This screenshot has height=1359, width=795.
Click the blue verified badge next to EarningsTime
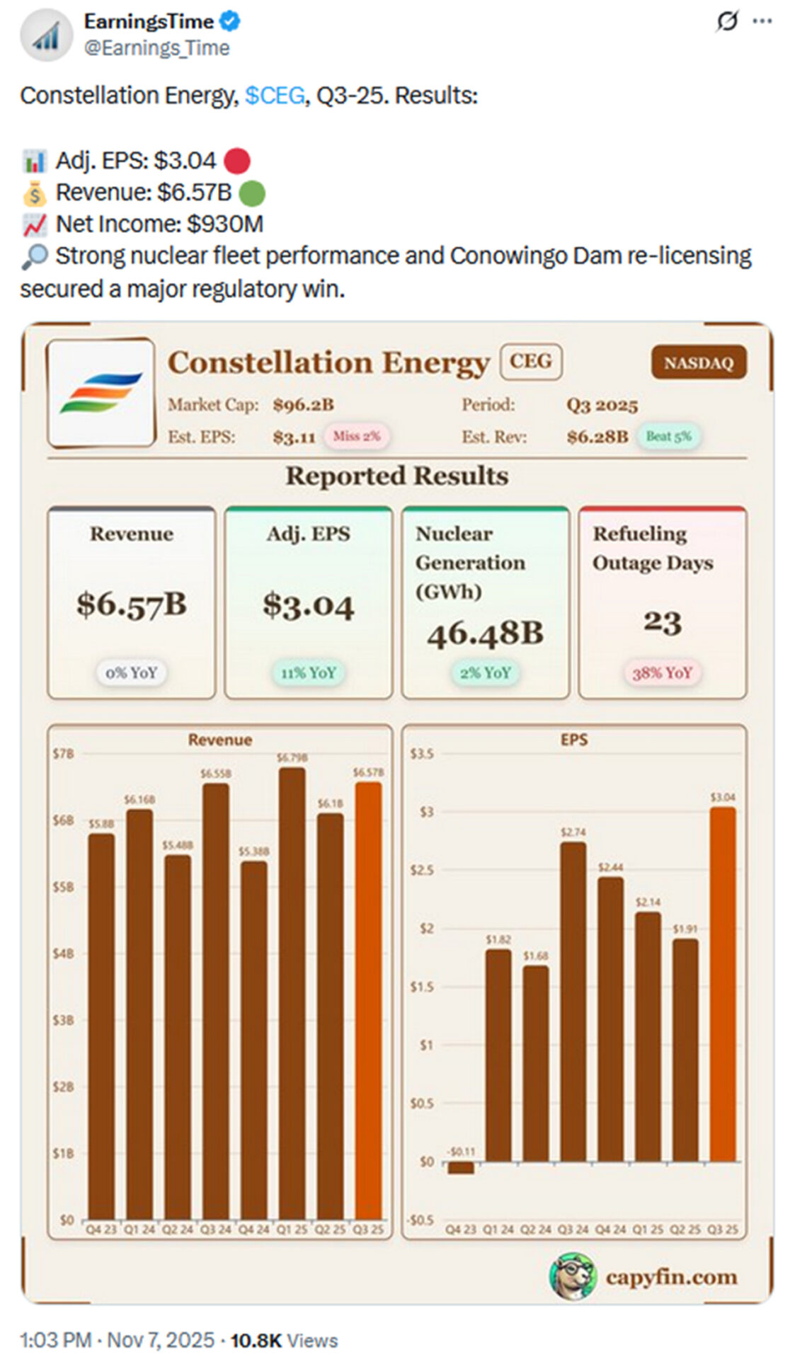coord(229,22)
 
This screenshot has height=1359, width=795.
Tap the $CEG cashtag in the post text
coord(275,96)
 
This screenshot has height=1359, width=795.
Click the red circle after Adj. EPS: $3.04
coord(236,161)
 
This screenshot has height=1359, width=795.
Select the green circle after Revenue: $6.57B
coord(252,193)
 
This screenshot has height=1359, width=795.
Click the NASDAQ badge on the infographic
coord(697,362)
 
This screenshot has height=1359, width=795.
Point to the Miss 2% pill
coord(356,436)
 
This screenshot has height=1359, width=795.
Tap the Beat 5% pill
coord(668,436)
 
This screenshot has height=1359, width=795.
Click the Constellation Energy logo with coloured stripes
coord(101,393)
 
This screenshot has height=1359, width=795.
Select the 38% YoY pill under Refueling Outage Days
coord(661,672)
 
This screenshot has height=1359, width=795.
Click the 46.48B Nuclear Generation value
coord(485,633)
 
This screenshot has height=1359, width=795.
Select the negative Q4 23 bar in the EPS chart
coord(461,1167)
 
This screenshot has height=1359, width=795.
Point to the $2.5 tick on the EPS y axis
coord(422,870)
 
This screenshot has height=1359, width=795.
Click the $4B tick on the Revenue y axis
coord(63,953)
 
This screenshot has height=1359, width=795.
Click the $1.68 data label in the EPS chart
coord(536,956)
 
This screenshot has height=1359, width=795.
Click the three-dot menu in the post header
coord(762,22)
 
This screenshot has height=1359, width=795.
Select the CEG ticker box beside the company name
coord(530,362)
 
